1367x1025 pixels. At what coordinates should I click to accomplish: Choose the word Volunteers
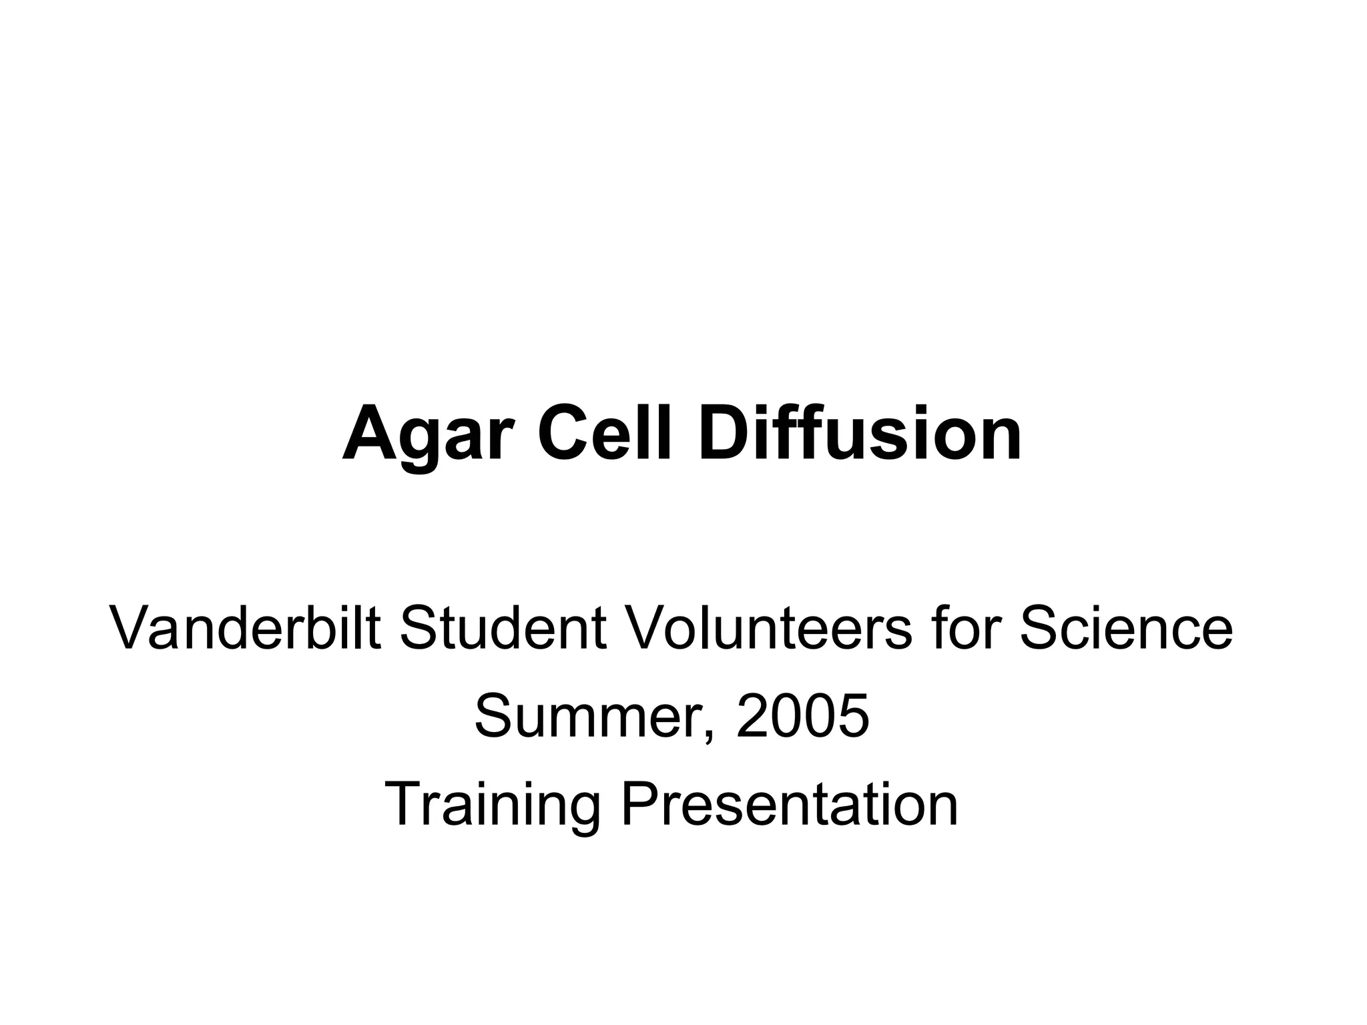pyautogui.click(x=768, y=629)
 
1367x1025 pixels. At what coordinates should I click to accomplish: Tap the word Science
pyautogui.click(x=1125, y=629)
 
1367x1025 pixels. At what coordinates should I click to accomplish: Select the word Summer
pyautogui.click(x=591, y=717)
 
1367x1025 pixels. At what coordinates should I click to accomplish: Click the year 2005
pyautogui.click(x=803, y=717)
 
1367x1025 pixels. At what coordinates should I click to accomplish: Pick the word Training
pyautogui.click(x=493, y=806)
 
